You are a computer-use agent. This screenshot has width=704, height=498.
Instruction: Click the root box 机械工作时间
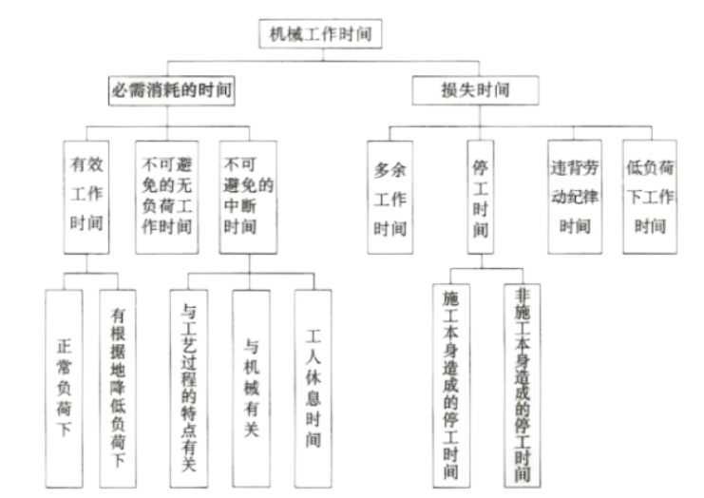320,33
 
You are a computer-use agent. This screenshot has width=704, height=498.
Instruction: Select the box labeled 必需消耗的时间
172,90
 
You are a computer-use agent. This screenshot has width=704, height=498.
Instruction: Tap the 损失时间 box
475,90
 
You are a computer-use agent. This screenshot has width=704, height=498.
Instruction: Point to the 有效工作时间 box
86,198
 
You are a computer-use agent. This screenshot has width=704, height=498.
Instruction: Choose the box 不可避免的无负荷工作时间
167,198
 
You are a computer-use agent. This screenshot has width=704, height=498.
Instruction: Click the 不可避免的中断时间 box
248,198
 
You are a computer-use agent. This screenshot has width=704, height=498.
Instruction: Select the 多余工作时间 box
390,198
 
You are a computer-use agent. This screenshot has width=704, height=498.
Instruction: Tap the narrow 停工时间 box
481,197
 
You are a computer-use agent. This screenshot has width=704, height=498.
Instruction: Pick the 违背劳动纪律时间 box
575,197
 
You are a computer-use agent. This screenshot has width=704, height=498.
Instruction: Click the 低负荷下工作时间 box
650,197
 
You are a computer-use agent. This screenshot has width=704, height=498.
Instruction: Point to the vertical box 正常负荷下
64,389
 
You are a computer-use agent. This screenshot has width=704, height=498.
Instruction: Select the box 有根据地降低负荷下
118,389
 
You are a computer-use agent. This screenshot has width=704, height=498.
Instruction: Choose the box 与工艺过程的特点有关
188,389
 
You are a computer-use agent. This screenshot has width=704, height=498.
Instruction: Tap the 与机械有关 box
251,389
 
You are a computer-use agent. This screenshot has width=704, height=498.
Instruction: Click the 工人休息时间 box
313,389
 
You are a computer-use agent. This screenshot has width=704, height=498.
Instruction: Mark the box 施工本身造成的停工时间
451,386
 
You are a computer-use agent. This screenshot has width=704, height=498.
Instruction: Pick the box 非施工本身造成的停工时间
523,386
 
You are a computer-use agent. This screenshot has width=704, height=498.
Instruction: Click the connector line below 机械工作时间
323,55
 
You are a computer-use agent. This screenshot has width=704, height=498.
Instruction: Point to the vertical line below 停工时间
482,261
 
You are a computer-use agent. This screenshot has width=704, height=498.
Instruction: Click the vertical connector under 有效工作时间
86,263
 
